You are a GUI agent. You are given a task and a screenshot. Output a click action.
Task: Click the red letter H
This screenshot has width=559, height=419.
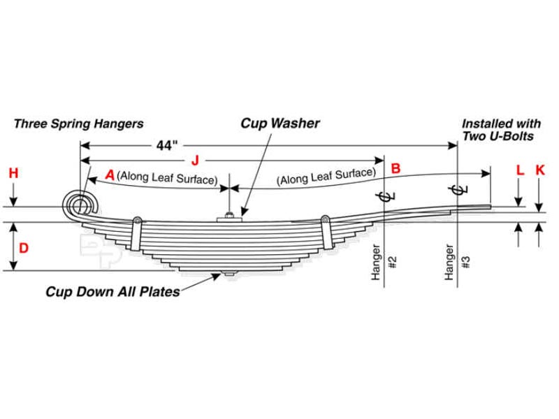13,172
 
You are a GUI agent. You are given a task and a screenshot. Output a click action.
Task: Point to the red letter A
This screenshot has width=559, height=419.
109,174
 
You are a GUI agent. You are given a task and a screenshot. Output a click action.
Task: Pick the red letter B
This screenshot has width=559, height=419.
395,168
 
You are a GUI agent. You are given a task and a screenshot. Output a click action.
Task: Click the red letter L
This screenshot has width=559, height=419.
518,169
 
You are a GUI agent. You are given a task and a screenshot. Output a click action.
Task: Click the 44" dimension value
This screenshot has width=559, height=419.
167,145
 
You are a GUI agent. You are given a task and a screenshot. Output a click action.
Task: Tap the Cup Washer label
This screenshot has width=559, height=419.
280,124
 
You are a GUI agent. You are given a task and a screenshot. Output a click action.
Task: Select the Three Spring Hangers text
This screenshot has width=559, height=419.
78,124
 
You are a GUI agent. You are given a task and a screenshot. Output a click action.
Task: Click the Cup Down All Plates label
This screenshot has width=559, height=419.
112,291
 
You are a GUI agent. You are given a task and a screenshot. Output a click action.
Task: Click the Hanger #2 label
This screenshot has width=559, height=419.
384,263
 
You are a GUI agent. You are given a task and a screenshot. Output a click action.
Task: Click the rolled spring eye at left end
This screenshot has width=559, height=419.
79,204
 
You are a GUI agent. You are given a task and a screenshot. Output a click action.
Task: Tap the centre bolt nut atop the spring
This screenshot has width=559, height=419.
229,216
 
